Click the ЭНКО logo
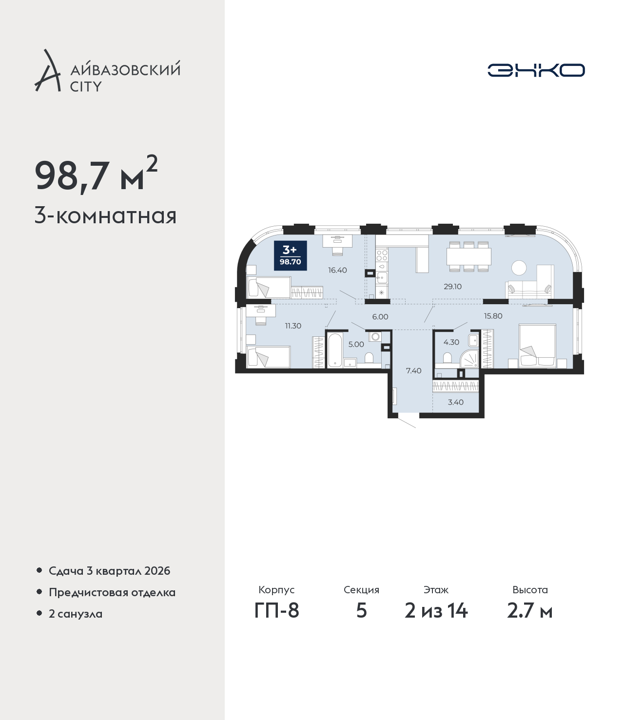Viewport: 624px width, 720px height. pyautogui.click(x=536, y=70)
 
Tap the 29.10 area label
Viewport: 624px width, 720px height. pyautogui.click(x=452, y=287)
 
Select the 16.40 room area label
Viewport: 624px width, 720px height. pyautogui.click(x=337, y=270)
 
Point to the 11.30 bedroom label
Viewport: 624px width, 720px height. pyautogui.click(x=293, y=326)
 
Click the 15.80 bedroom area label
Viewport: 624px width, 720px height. pyautogui.click(x=493, y=316)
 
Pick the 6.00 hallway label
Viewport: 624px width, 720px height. pyautogui.click(x=380, y=317)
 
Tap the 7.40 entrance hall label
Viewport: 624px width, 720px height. pyautogui.click(x=413, y=370)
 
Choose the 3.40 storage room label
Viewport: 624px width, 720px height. pyautogui.click(x=456, y=402)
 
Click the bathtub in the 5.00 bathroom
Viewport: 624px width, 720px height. pyautogui.click(x=335, y=350)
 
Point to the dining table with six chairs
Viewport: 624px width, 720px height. pyautogui.click(x=469, y=256)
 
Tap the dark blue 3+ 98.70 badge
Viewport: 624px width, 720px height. pyautogui.click(x=290, y=255)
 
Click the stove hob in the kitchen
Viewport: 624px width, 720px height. pyautogui.click(x=382, y=254)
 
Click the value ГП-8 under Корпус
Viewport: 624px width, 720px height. pyautogui.click(x=277, y=611)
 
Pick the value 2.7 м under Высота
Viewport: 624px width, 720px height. pyautogui.click(x=529, y=611)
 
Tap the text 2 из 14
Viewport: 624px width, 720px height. pyautogui.click(x=436, y=611)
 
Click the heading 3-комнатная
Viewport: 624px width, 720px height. pyautogui.click(x=106, y=216)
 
